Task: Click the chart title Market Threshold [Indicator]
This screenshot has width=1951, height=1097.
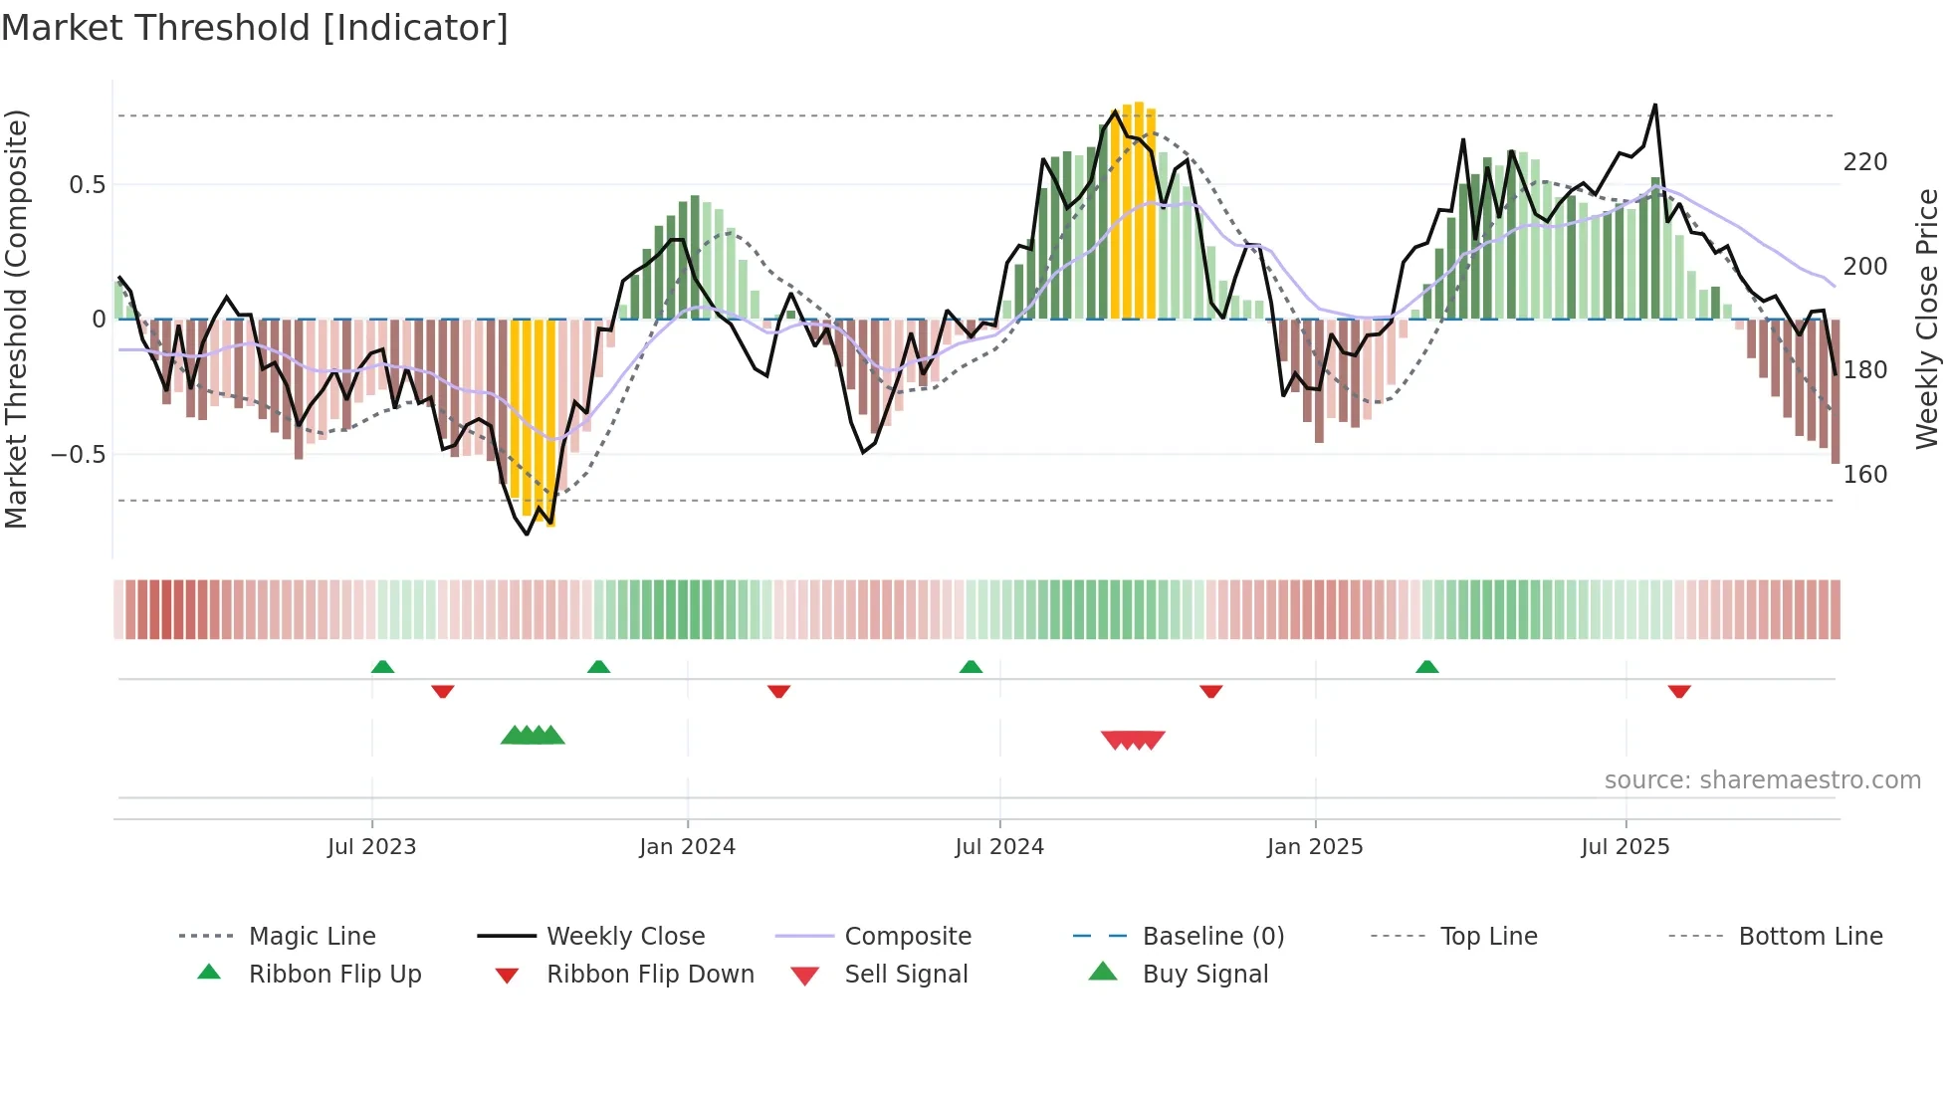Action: pos(255,28)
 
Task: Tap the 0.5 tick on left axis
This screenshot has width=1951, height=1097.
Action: pos(87,185)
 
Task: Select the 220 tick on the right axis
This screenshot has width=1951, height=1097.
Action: pos(1864,162)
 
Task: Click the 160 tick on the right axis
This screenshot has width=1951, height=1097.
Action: pos(1864,475)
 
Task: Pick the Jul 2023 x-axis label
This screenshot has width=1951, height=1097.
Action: pos(371,847)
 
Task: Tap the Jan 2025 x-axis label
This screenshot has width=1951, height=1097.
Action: pos(1314,847)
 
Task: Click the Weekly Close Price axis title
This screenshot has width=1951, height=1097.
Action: pos(1927,319)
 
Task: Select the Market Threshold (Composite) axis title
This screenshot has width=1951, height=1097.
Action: pos(16,319)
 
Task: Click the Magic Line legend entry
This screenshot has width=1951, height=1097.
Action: pos(312,937)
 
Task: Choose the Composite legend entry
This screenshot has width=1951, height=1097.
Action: pos(907,937)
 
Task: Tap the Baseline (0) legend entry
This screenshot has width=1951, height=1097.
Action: pos(1212,937)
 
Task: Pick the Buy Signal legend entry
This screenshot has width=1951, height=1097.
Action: pos(1204,975)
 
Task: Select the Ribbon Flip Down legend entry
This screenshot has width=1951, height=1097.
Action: pos(649,975)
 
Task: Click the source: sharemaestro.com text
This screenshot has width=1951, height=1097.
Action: pos(1762,780)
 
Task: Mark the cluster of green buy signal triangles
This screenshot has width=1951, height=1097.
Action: pos(533,736)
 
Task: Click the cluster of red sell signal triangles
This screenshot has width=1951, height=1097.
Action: pos(1133,740)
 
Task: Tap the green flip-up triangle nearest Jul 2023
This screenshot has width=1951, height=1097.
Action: pos(382,667)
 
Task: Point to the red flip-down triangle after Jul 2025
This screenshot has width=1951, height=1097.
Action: pos(1679,691)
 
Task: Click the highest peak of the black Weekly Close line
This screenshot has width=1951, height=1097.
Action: pos(1655,106)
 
